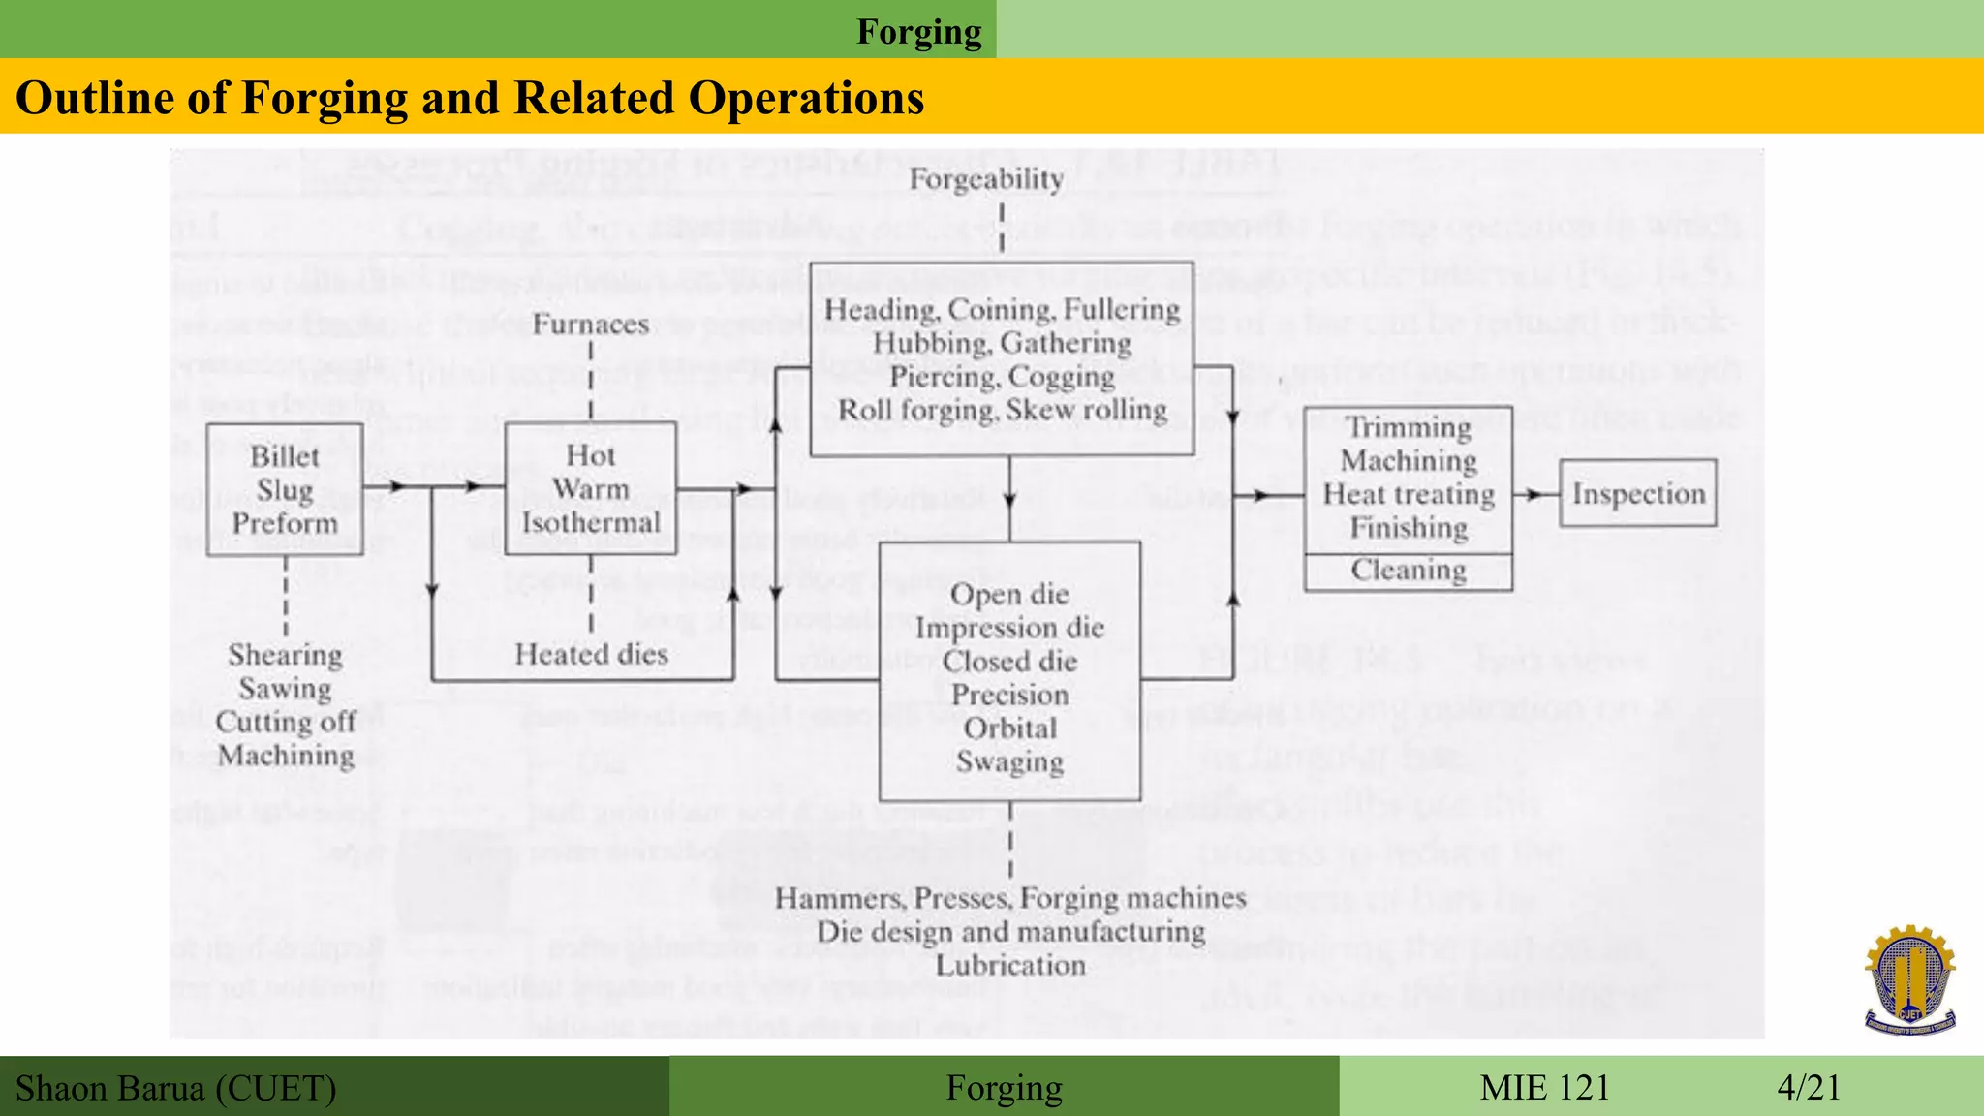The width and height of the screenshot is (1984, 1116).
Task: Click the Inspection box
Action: click(1637, 493)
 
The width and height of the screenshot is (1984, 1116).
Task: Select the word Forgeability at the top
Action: click(986, 179)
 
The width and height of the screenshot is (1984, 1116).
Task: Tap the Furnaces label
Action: click(591, 324)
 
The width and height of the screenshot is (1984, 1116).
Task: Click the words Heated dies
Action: click(591, 654)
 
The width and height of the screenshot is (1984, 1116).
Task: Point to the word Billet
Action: click(285, 456)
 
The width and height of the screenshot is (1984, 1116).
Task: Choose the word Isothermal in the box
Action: click(591, 523)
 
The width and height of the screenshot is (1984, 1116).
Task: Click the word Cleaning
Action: click(1409, 570)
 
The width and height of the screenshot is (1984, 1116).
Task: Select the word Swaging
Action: click(1010, 761)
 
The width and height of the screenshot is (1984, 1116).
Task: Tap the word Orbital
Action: click(1010, 728)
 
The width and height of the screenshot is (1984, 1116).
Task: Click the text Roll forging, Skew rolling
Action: click(1003, 411)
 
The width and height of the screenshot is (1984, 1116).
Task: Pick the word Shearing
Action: click(286, 655)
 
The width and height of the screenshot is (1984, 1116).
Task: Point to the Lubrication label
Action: click(1010, 965)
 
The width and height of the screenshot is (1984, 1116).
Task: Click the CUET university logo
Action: click(1909, 979)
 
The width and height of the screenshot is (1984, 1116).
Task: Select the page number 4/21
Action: click(1809, 1087)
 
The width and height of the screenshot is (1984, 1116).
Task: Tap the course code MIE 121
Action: click(1544, 1087)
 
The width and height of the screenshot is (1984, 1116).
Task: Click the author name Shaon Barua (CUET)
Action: click(176, 1088)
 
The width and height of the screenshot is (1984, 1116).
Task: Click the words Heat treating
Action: click(1409, 494)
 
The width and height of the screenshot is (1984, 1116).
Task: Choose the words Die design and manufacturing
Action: click(1010, 932)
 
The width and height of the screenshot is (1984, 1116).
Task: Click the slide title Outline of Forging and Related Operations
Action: click(470, 98)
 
